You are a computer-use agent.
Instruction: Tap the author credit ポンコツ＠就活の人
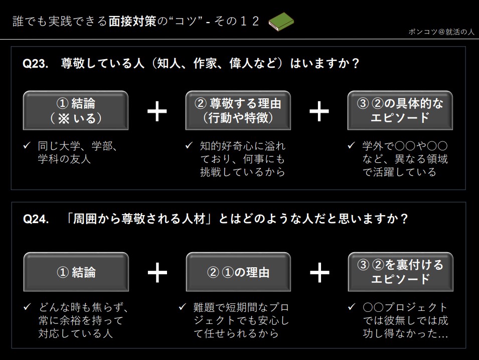pyautogui.click(x=441, y=33)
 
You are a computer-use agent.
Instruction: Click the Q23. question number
pyautogui.click(x=36, y=64)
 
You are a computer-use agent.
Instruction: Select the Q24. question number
pyautogui.click(x=36, y=220)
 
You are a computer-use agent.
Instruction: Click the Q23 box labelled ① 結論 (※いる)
pyautogui.click(x=76, y=110)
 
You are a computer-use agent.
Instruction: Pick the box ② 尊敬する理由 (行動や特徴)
pyautogui.click(x=238, y=110)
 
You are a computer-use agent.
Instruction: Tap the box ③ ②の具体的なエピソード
pyautogui.click(x=400, y=110)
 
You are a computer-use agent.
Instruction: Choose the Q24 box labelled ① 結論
pyautogui.click(x=76, y=272)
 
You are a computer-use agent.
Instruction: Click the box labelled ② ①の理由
pyautogui.click(x=238, y=272)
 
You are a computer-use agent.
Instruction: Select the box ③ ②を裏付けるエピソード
pyautogui.click(x=400, y=272)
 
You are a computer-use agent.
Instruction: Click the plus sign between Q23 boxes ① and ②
pyautogui.click(x=157, y=111)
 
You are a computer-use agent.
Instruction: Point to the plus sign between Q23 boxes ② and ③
pyautogui.click(x=319, y=111)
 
